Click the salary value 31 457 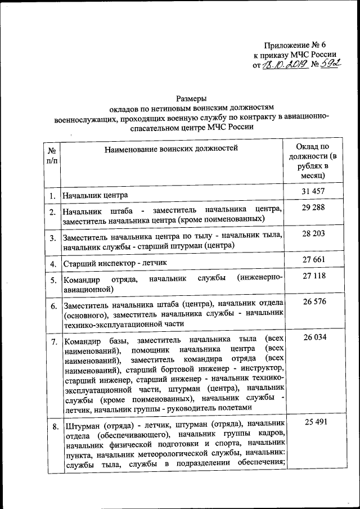(x=313, y=192)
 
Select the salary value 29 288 (x=313, y=208)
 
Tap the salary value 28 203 (x=313, y=233)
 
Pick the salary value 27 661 (x=313, y=259)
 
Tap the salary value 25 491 (x=313, y=421)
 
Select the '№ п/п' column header (x=51, y=156)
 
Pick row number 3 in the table (x=52, y=238)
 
